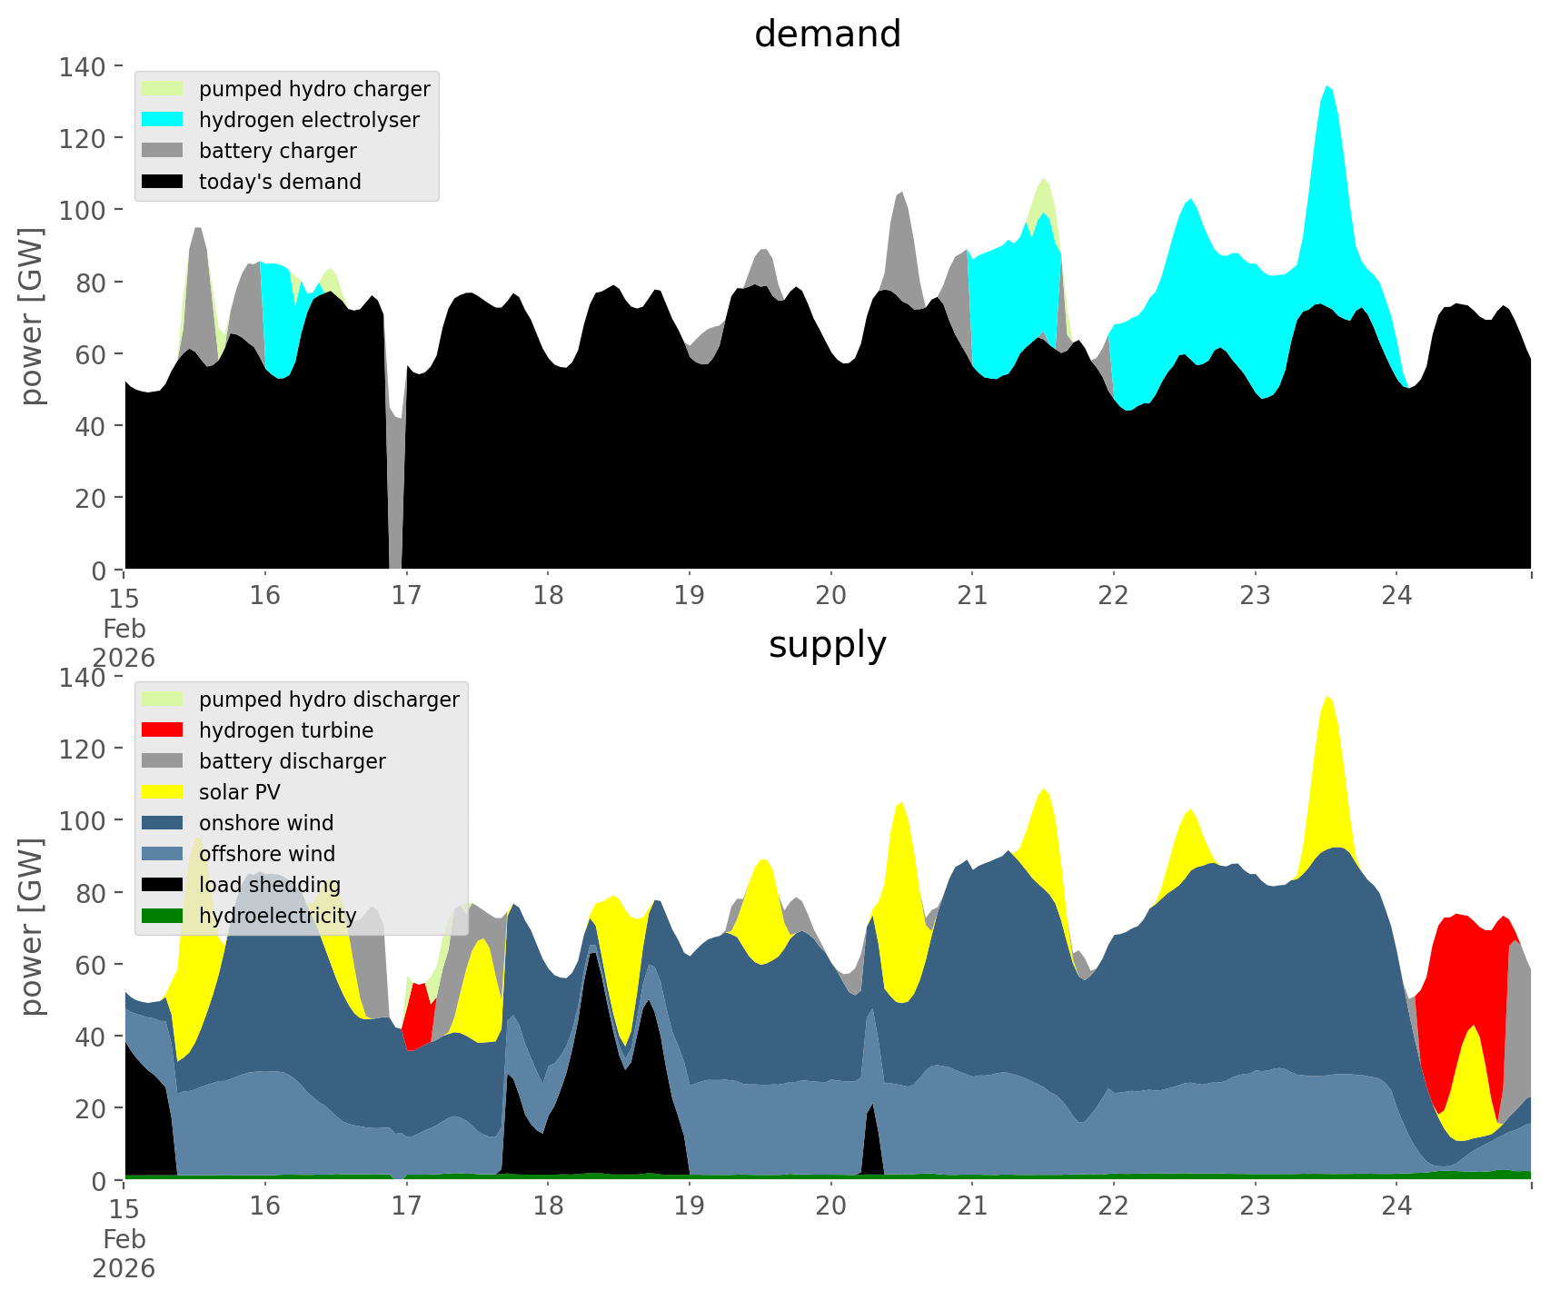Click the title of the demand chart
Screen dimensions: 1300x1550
(827, 35)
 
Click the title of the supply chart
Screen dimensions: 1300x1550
(827, 645)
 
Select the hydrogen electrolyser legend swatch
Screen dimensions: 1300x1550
(163, 120)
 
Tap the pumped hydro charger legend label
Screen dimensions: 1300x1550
(314, 89)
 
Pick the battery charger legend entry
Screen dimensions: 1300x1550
(277, 151)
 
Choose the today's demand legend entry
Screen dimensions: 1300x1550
(280, 182)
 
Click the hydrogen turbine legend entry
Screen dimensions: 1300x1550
(285, 730)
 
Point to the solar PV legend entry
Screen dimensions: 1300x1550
(239, 792)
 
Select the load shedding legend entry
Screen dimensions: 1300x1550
(270, 885)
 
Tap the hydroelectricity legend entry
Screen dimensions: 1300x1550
(277, 916)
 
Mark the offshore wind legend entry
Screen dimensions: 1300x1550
(266, 854)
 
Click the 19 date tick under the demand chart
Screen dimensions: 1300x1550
(690, 596)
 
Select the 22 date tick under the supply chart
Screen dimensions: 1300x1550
(1114, 1206)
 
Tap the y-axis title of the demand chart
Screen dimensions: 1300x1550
(31, 316)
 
